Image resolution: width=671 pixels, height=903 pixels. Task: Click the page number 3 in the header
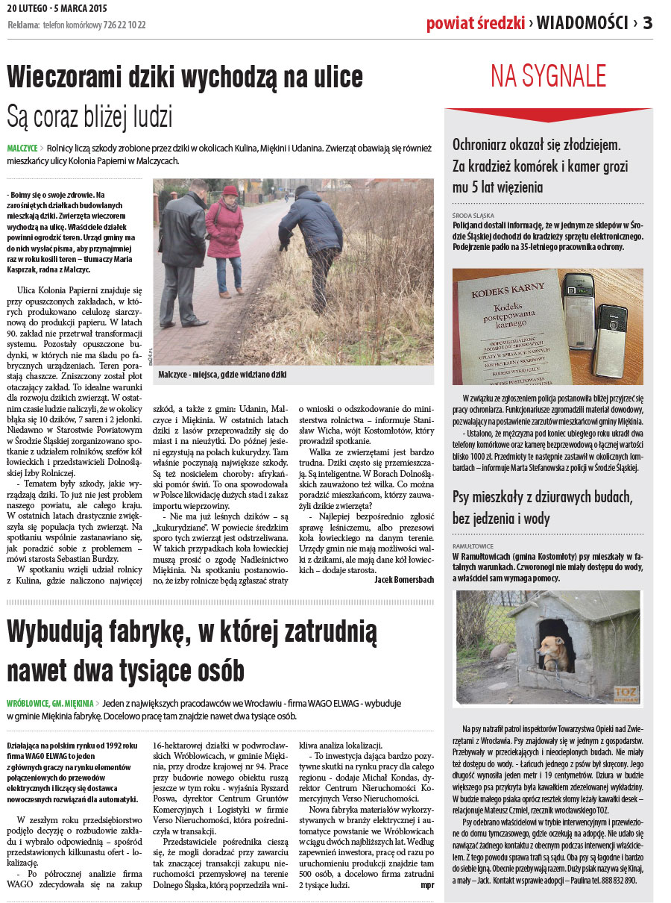point(647,22)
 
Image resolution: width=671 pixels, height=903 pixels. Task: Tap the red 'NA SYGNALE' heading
point(548,76)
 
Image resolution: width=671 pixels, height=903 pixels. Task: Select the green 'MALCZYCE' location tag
point(22,149)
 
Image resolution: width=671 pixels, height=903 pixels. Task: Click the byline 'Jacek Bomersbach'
point(403,579)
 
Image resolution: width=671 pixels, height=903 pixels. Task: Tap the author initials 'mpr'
point(426,885)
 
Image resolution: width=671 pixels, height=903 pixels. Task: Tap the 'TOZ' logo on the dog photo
point(623,693)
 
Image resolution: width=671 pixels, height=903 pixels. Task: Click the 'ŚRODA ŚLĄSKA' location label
point(473,214)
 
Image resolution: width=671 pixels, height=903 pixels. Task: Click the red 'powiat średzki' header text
point(475,23)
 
